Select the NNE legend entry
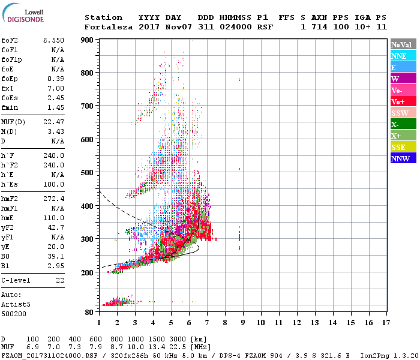click(399, 56)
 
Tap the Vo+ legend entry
click(398, 101)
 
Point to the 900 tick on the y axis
click(87, 40)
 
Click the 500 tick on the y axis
click(87, 173)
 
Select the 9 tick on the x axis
click(243, 323)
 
